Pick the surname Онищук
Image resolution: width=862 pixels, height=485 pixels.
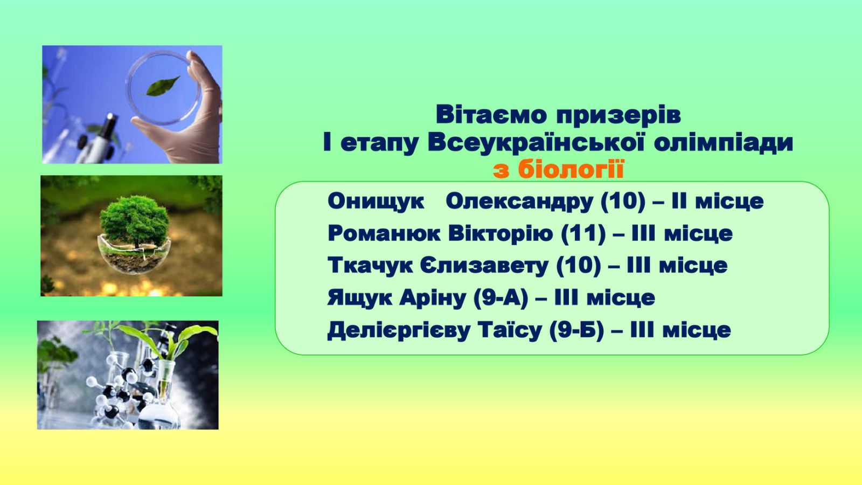(376, 202)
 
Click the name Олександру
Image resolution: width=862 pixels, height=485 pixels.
(519, 202)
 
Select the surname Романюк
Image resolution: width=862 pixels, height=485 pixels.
(384, 233)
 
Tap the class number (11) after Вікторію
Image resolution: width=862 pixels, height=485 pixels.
(583, 234)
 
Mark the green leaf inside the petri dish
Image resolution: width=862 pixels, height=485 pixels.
(162, 86)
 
